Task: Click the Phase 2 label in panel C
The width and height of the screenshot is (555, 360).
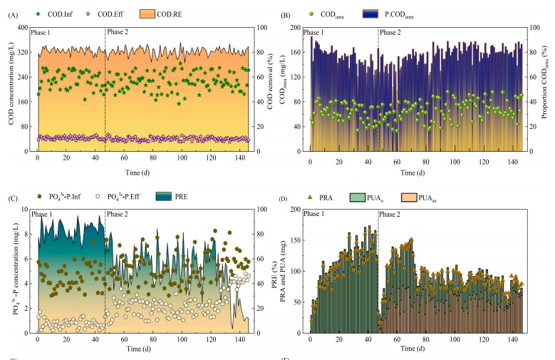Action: pyautogui.click(x=118, y=214)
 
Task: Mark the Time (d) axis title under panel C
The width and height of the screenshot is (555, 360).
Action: pyautogui.click(x=142, y=350)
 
